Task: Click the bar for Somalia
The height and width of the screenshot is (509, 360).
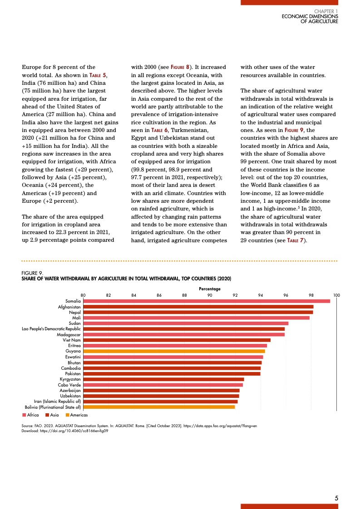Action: [x=207, y=301]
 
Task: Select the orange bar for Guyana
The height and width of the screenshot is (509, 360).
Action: [x=174, y=351]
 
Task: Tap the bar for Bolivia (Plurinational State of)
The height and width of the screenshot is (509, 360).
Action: [x=159, y=407]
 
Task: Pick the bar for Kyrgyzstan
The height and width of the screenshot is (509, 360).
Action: [x=163, y=379]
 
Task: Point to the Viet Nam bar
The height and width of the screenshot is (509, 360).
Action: [x=177, y=340]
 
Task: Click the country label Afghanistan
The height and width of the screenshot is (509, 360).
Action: [x=69, y=307]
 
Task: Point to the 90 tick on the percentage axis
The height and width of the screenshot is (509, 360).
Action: [x=210, y=295]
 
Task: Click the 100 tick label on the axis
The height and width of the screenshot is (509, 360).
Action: [x=336, y=295]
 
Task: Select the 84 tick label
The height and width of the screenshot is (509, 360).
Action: [x=134, y=295]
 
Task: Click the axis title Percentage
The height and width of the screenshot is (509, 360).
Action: [x=210, y=289]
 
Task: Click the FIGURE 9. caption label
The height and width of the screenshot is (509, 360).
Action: [x=32, y=273]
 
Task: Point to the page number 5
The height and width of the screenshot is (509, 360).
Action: [x=336, y=498]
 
